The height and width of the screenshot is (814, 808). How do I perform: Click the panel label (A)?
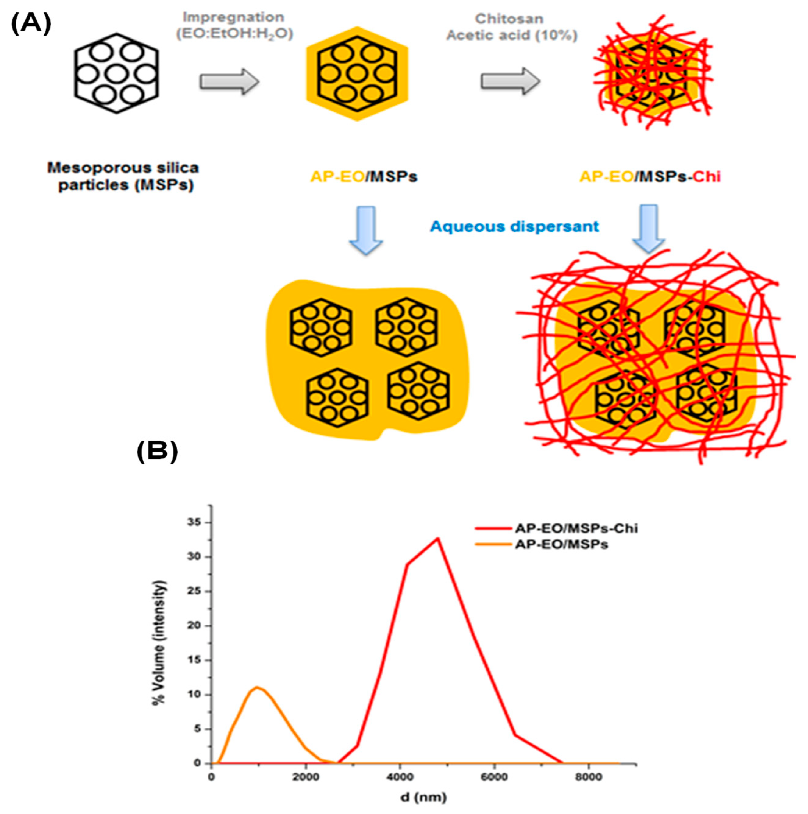(x=31, y=23)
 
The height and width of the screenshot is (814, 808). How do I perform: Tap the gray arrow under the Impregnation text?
(x=229, y=81)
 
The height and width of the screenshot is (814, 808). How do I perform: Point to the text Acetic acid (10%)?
(x=511, y=35)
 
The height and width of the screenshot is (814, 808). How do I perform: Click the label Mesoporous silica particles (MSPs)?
(x=123, y=176)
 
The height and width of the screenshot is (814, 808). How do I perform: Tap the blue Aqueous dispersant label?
(x=514, y=227)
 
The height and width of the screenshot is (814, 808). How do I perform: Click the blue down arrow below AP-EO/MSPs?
(x=366, y=230)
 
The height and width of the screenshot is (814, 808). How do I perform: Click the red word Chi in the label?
(x=707, y=177)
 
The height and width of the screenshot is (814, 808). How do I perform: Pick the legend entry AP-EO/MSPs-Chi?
(x=576, y=528)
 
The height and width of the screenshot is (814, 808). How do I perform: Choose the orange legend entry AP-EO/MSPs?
(x=561, y=545)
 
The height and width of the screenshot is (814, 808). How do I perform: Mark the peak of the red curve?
(x=438, y=538)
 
